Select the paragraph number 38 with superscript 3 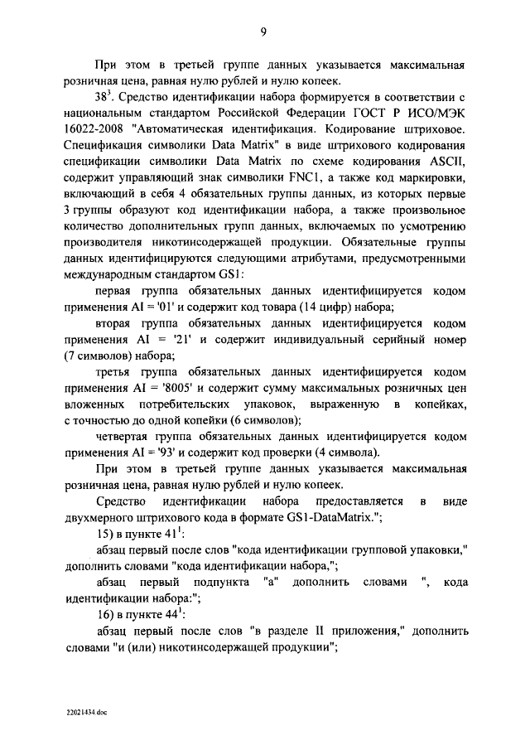[x=108, y=98]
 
